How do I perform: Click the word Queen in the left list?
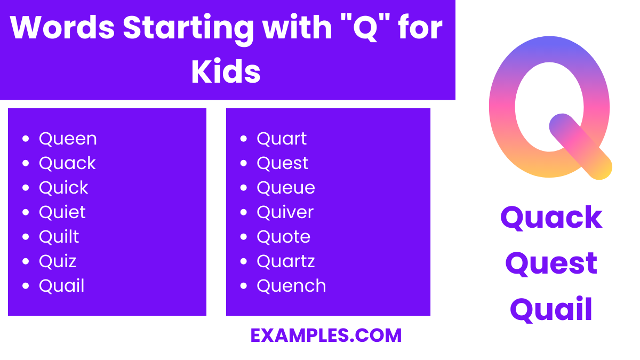coord(68,139)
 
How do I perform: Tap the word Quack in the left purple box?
coord(67,163)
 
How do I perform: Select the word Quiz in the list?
coord(58,261)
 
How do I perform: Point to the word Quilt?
coord(59,237)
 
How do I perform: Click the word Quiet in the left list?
coord(62,212)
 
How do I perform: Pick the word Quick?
coord(63,188)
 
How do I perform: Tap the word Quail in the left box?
coord(61,286)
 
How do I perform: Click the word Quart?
coord(282,139)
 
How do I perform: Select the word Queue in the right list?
coord(286,188)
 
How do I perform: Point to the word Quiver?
coord(285,212)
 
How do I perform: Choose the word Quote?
coord(283,237)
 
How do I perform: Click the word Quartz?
coord(286,261)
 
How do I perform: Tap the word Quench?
coord(291,286)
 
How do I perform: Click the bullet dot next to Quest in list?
coord(244,163)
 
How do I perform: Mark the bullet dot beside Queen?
coord(26,139)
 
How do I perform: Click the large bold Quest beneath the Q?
coord(551,263)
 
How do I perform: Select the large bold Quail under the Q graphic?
coord(551,310)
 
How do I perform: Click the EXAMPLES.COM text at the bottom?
coord(326,335)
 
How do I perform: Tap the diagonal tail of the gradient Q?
coord(580,147)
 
